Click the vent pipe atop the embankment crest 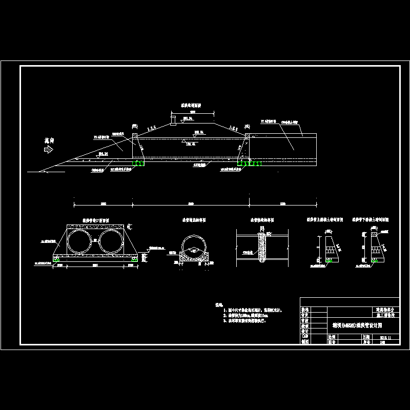click(173, 121)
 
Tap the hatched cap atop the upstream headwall click(135, 135)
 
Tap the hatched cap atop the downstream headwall click(247, 135)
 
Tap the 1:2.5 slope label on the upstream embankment click(153, 126)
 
